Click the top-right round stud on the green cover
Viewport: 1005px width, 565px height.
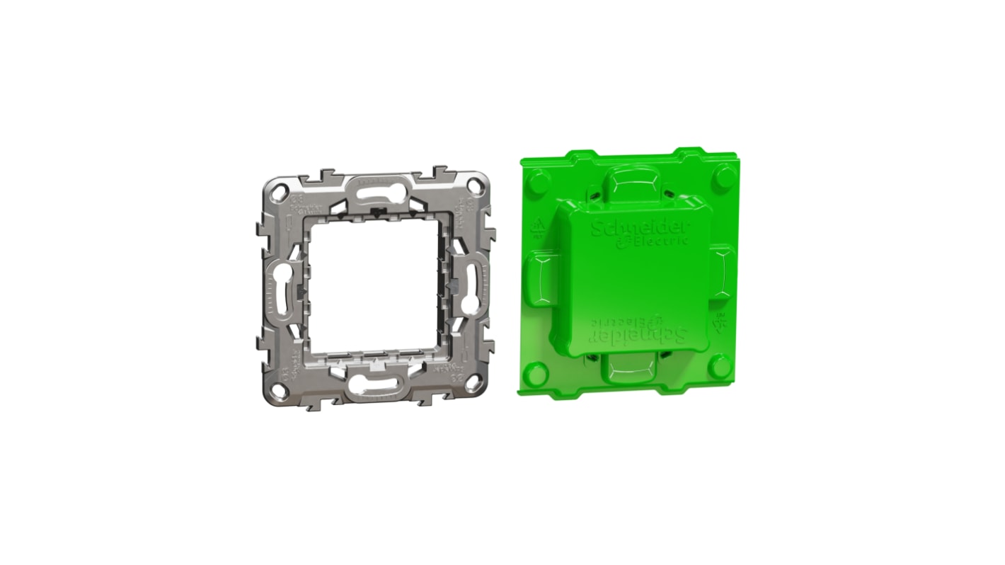point(723,173)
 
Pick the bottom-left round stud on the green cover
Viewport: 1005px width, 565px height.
point(537,372)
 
